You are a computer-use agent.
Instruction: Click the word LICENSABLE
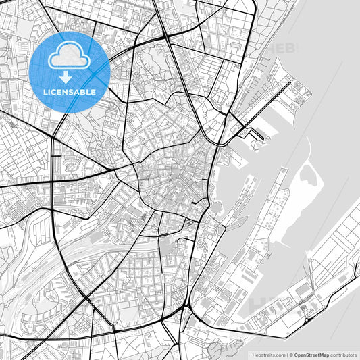[70, 91]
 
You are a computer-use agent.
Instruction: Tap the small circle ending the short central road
[176, 240]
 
